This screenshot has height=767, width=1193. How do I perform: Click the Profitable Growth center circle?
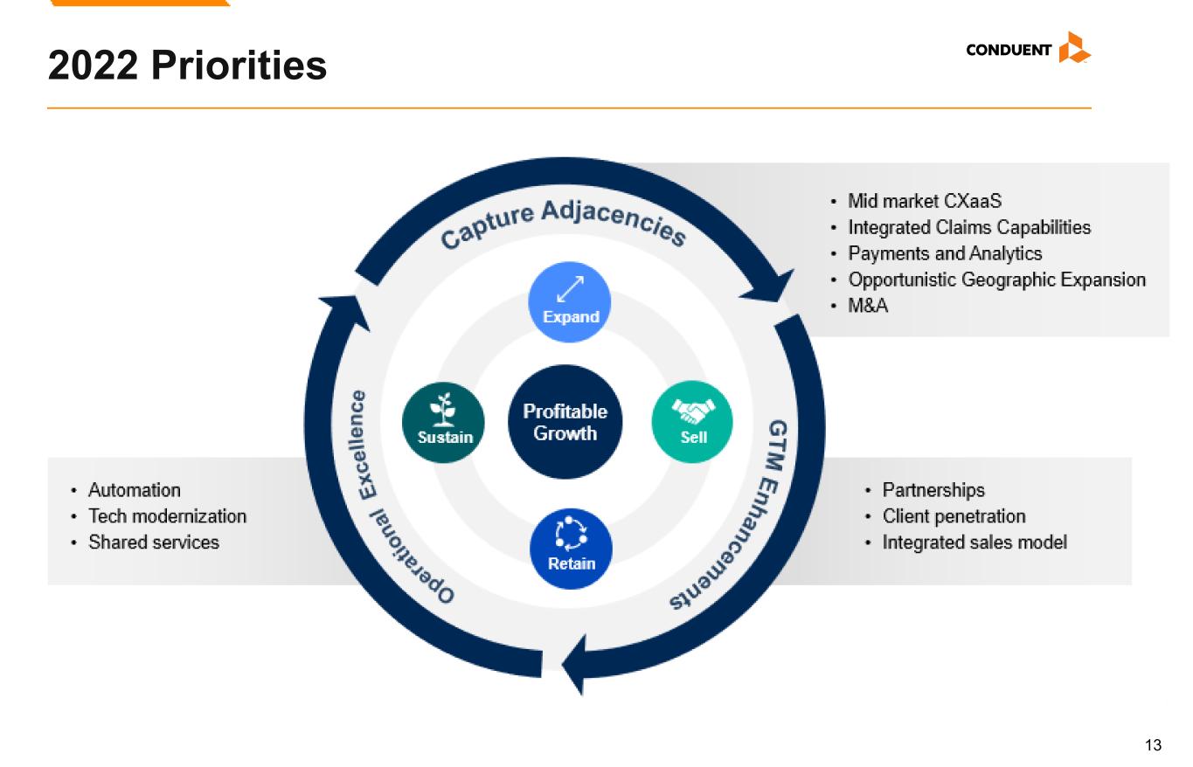pos(565,422)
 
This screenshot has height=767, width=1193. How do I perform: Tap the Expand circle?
pos(569,301)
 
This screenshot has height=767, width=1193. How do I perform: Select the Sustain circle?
pos(443,423)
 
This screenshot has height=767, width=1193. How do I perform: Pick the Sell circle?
pos(692,422)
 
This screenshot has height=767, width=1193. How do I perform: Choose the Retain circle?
pos(571,549)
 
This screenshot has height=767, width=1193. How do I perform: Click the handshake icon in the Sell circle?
pos(693,411)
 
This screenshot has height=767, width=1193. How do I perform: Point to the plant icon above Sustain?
pos(442,410)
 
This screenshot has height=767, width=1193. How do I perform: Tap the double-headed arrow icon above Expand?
pos(570,289)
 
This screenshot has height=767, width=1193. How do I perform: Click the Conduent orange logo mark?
pos(1074,48)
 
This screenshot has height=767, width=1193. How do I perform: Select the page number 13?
pos(1153,744)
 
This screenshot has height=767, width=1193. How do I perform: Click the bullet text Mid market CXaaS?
pos(925,201)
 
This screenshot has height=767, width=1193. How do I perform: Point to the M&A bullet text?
pos(868,306)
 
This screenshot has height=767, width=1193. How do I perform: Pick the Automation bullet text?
pos(135,490)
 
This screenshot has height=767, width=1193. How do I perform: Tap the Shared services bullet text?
pos(154,542)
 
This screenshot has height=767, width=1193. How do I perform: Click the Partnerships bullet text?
pos(933,490)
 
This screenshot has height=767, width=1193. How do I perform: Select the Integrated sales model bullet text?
pos(975,542)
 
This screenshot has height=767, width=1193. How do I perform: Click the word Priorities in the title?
pos(239,65)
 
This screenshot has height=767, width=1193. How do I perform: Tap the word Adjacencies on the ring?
pos(614,221)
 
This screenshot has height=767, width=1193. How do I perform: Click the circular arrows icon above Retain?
pos(571,534)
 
